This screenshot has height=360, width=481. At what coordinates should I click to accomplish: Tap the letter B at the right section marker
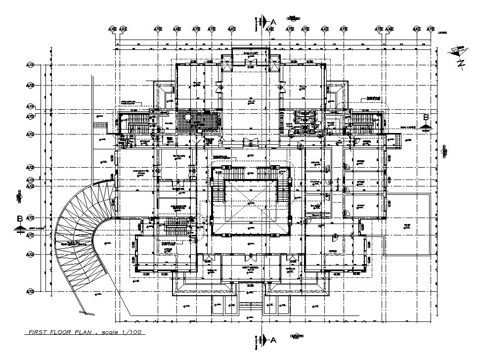tap(426, 117)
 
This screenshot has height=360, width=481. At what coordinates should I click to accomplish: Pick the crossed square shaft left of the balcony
tap(227, 64)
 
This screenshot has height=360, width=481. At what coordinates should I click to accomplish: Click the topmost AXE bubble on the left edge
tap(31, 65)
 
